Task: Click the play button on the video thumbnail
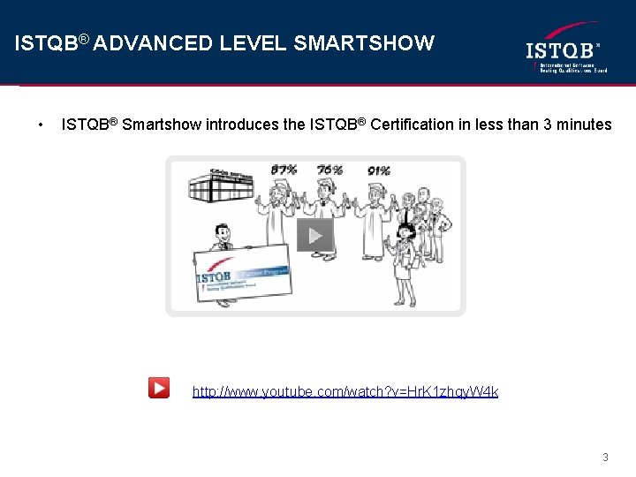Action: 314,235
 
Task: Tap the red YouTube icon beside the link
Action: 159,388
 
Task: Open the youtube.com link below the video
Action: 345,390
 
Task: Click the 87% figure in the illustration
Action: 284,169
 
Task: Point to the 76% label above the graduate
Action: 329,169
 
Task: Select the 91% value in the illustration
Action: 379,170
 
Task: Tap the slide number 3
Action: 605,457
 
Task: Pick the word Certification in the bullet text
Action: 412,125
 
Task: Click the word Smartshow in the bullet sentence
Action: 162,125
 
